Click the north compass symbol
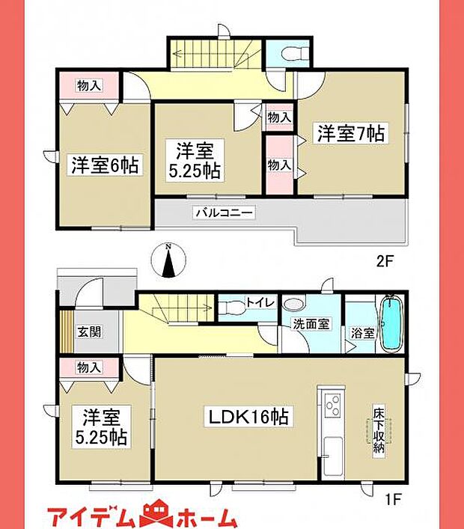[x=171, y=261]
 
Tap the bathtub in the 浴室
[x=391, y=323]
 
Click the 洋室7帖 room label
[x=350, y=134]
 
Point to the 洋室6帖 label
[x=105, y=165]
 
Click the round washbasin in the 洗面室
[x=294, y=305]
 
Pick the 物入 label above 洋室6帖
[x=89, y=85]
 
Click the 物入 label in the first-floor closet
[x=89, y=367]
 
